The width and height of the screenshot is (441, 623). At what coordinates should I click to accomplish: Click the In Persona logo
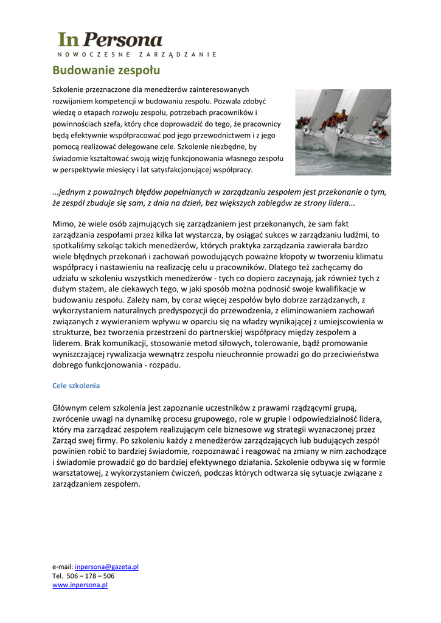pos(110,40)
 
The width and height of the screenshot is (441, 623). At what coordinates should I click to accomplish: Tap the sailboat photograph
pos(342,131)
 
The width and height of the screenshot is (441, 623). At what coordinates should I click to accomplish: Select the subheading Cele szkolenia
pos(76,386)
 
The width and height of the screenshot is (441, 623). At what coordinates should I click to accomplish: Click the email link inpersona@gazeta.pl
pos(106,566)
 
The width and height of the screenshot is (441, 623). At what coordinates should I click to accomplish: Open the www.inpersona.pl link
pos(80,585)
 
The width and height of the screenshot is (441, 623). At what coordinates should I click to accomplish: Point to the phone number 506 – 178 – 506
pos(91,576)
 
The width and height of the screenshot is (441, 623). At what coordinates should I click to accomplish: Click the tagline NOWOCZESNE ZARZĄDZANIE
pos(137,55)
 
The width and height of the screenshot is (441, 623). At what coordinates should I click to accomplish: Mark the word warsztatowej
pos(80,473)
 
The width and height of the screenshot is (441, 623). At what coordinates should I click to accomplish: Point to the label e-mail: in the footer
pos(63,566)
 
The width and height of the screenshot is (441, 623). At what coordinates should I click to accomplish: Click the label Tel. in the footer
pos(58,576)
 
